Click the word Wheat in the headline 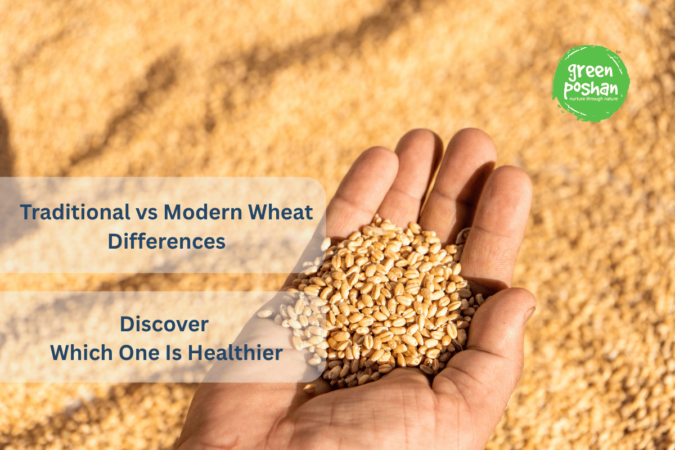coord(283,213)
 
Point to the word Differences coord(166,241)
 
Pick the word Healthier coord(235,353)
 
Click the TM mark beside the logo coord(618,52)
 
